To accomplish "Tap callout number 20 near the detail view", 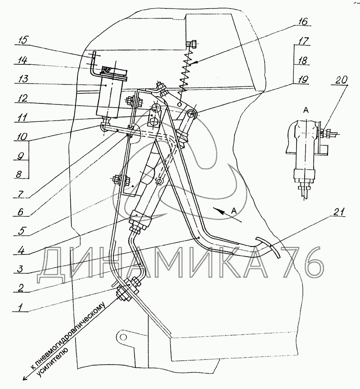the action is pyautogui.click(x=341, y=80).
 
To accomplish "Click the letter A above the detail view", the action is pyautogui.click(x=306, y=109).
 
